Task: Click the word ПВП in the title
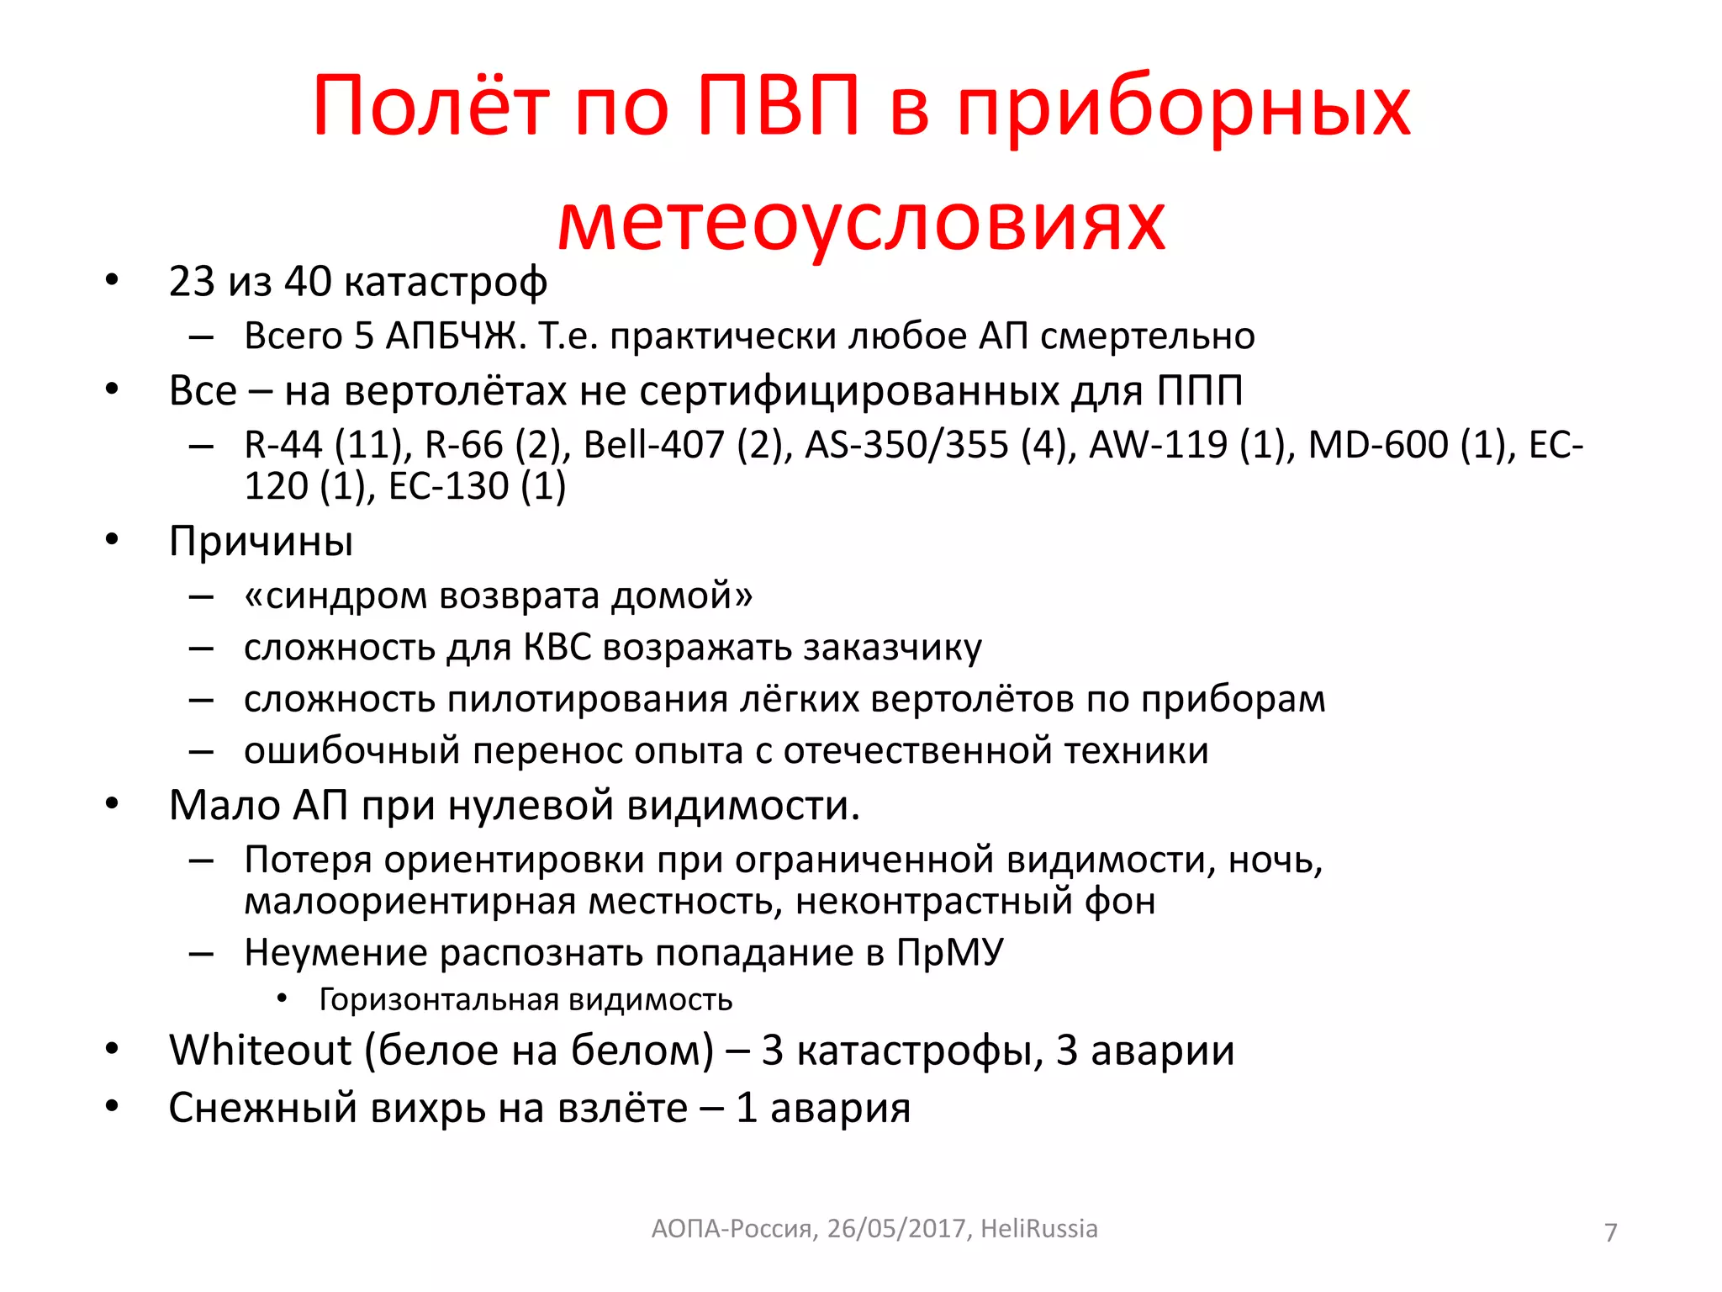[x=779, y=106]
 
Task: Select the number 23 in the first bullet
[x=192, y=281]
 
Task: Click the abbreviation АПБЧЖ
[x=455, y=336]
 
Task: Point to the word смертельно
[x=1147, y=336]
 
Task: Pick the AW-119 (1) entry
[x=1192, y=445]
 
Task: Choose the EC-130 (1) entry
[x=478, y=486]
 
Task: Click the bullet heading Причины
[x=261, y=541]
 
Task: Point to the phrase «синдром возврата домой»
[x=498, y=596]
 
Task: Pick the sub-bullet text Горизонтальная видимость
[x=526, y=1000]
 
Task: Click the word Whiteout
[x=260, y=1051]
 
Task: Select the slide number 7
[x=1610, y=1232]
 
